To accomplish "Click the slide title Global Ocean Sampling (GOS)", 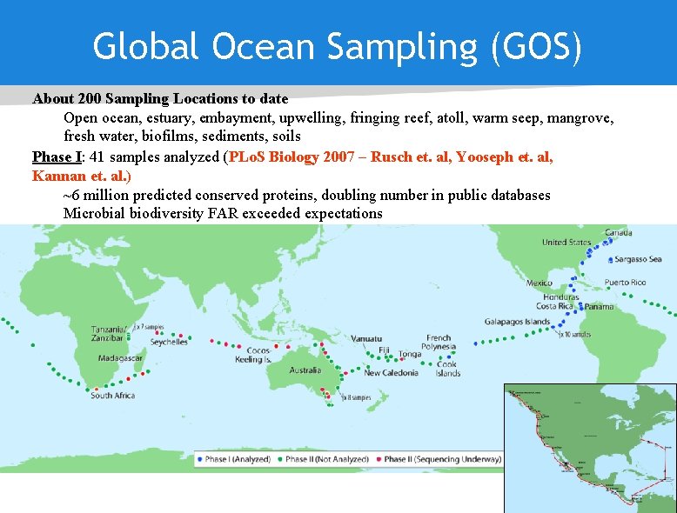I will (338, 47).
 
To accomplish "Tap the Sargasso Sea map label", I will (638, 259).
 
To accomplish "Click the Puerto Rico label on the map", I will (625, 283).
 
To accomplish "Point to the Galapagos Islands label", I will (517, 322).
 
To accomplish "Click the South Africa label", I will (113, 396).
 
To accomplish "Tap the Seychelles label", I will (168, 342).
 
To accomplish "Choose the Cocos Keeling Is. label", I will (253, 355).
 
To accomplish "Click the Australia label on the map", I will (305, 370).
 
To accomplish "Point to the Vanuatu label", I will (366, 339).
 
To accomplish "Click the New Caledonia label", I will (392, 373).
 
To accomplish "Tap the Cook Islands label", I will (448, 369).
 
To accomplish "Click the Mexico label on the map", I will (539, 283).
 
